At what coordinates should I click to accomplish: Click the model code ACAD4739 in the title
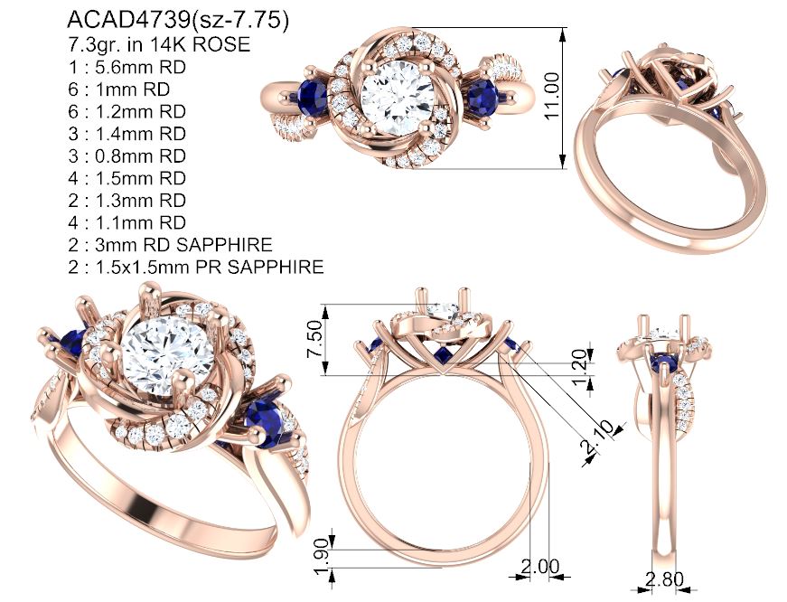coord(128,20)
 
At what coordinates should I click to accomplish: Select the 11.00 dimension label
coord(551,96)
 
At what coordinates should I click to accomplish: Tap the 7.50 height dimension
coord(314,339)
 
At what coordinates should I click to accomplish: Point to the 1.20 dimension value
coord(578,367)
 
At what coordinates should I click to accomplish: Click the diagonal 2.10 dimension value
coord(596,436)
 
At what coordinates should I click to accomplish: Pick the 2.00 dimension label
coord(539,567)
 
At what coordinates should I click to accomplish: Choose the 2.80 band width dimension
coord(664,579)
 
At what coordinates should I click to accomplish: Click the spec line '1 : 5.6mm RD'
coord(127,67)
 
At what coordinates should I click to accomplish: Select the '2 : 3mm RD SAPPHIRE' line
coord(170,245)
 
